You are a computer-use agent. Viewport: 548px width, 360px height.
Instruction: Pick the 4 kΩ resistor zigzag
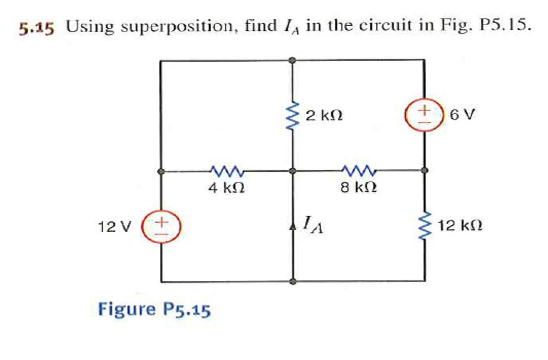click(x=226, y=170)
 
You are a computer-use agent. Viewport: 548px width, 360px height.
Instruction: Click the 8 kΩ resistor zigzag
click(x=358, y=170)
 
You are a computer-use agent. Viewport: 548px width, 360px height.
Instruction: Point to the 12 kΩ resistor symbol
click(x=424, y=226)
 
